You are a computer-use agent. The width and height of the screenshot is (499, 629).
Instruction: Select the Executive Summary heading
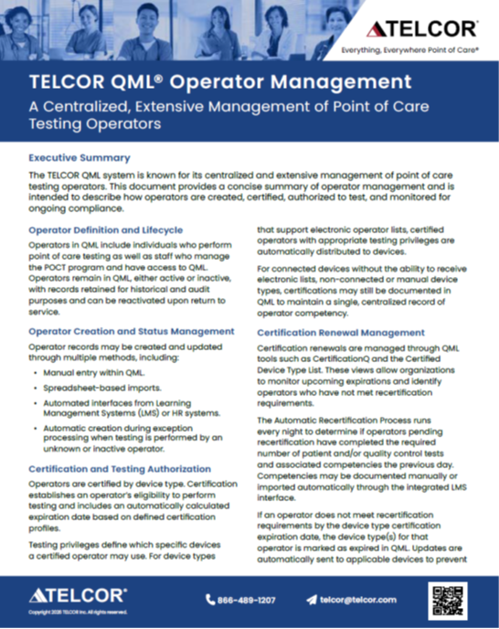pyautogui.click(x=80, y=157)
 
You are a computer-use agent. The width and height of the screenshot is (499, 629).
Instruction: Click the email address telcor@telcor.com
pyautogui.click(x=358, y=600)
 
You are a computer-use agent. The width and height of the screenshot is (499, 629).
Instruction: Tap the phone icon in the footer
pyautogui.click(x=211, y=600)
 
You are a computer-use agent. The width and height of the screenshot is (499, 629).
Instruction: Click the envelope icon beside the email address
pyautogui.click(x=311, y=600)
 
